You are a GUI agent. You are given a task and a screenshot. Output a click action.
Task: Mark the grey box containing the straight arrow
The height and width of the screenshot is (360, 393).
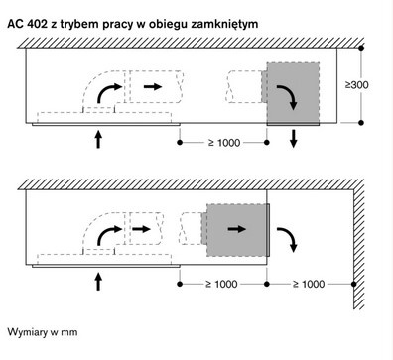238,228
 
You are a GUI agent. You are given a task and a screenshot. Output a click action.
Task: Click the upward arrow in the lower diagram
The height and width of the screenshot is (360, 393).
98,282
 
